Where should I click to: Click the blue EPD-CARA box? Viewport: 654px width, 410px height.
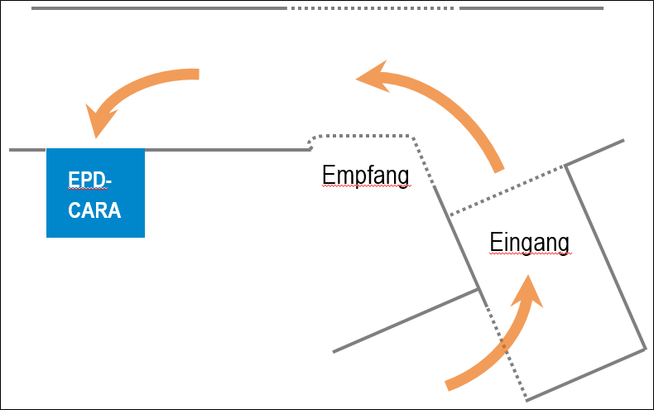tap(95, 192)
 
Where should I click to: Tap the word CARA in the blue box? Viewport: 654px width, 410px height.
tap(94, 210)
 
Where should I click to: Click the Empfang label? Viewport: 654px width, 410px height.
tap(365, 176)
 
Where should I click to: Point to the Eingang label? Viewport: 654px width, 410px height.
tap(530, 243)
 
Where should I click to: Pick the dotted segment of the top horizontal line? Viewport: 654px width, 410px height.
tap(373, 8)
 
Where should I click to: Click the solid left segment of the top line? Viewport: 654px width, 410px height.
tap(157, 8)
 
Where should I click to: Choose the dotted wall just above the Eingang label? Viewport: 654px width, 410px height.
tap(507, 191)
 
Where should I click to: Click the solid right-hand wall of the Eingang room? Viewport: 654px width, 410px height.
tap(606, 257)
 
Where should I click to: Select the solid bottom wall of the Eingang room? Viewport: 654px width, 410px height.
tap(585, 374)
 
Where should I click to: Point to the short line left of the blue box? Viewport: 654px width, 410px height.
tap(27, 150)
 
